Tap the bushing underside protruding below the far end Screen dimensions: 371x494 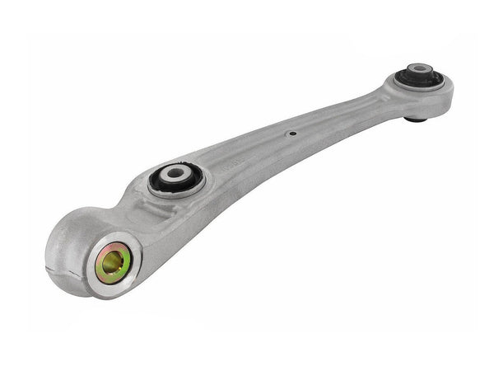(x=415, y=118)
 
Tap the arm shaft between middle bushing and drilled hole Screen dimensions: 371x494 (x=247, y=157)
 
